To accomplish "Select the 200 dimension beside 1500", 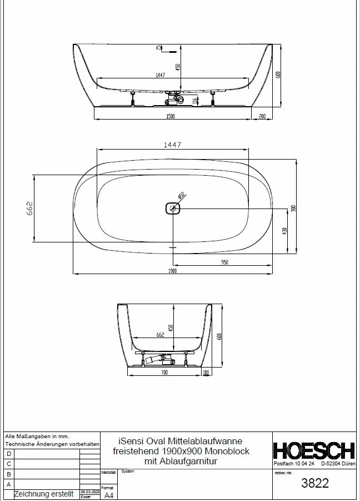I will tap(262, 116).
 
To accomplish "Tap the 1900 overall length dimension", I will tap(172, 271).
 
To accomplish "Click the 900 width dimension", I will tap(293, 208).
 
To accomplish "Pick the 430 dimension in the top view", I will tap(284, 231).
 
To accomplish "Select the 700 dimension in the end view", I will tap(164, 372).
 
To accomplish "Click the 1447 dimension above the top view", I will tap(172, 145).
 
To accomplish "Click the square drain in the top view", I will tap(173, 209).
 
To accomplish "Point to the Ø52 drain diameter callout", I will tap(182, 196).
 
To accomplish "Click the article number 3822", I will tap(314, 483).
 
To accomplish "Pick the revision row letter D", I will tap(8, 454).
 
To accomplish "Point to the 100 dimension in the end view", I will tap(205, 372).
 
